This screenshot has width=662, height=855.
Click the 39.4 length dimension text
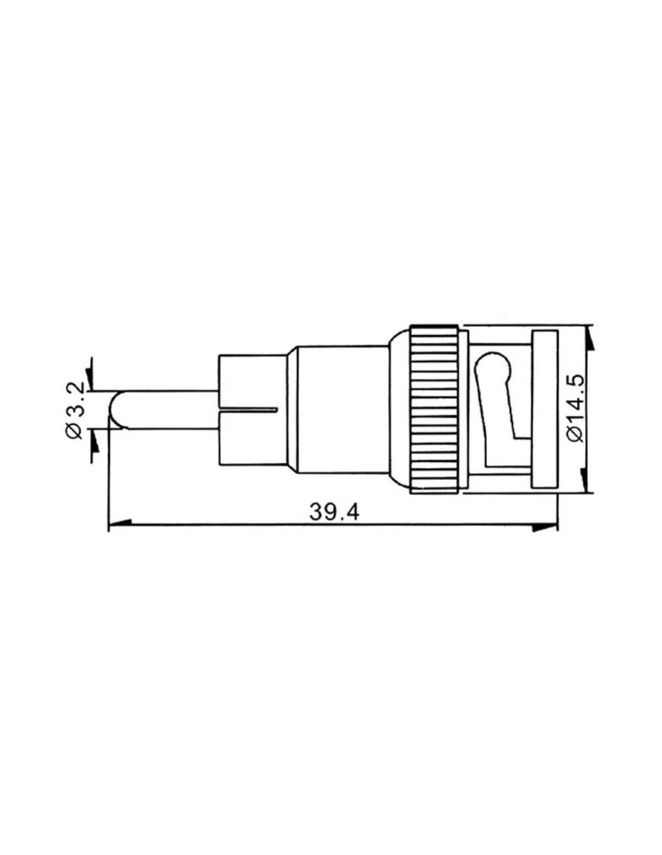(334, 512)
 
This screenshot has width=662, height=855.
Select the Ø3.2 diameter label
(75, 409)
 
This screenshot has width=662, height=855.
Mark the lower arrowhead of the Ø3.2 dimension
(94, 440)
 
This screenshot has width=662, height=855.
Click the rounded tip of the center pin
(114, 409)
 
